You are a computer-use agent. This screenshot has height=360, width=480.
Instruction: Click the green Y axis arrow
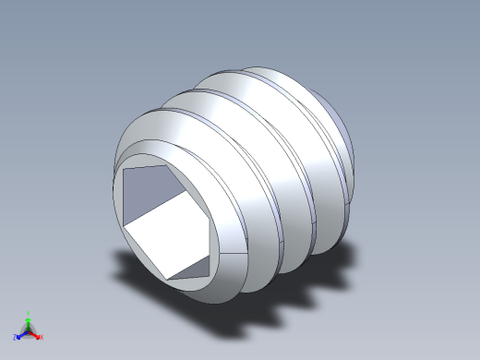click(28, 321)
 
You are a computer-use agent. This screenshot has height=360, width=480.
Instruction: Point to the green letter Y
click(28, 313)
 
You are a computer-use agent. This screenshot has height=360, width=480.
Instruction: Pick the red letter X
click(42, 338)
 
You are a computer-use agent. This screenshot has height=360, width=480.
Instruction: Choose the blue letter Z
click(15, 338)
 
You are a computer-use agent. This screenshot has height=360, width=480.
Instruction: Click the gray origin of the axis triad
click(28, 330)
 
